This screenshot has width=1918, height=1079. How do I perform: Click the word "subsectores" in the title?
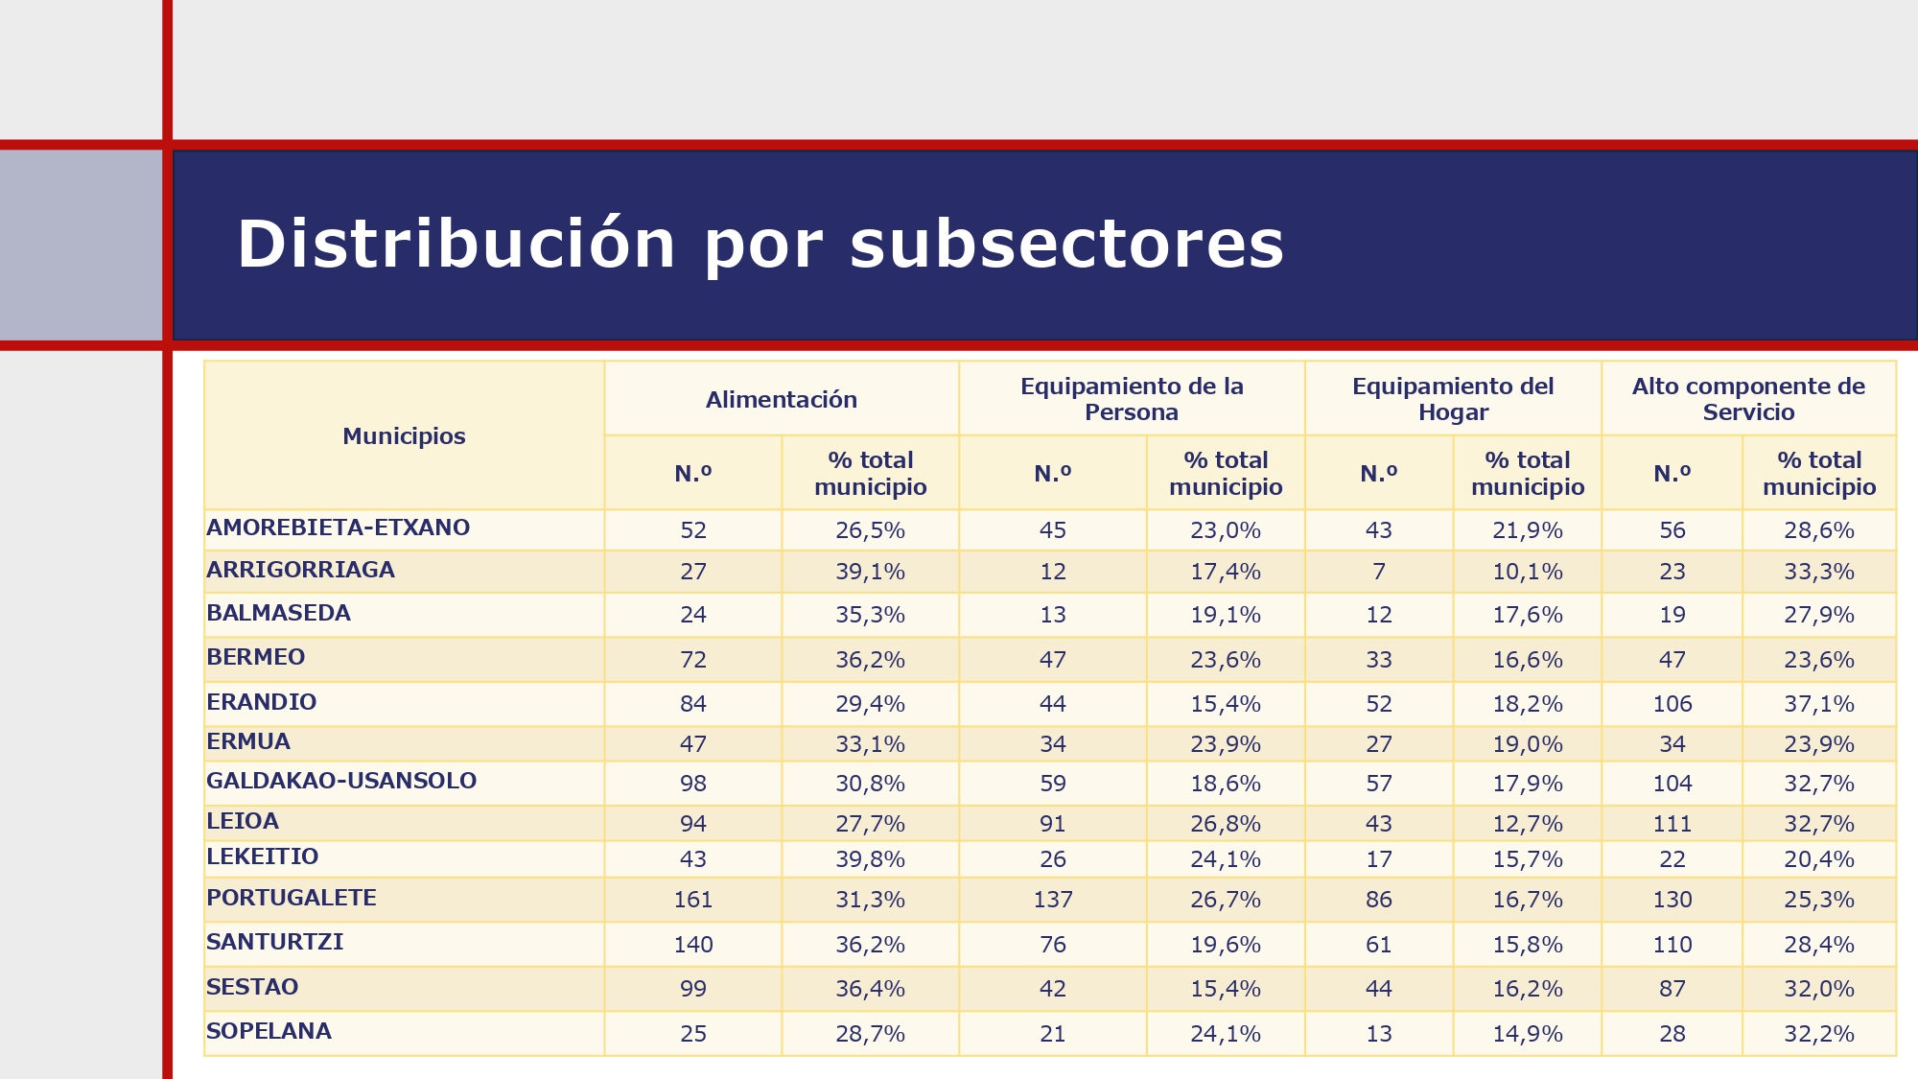[1065, 245]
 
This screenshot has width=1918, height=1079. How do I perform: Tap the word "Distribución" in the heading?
[456, 245]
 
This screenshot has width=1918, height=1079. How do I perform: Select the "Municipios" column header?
[404, 436]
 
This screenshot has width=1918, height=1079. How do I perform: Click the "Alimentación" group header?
[782, 400]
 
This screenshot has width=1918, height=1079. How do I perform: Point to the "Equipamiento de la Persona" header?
[1132, 399]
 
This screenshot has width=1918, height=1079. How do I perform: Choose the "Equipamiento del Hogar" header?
[1453, 399]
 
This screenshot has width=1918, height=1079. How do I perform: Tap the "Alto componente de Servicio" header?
[1748, 399]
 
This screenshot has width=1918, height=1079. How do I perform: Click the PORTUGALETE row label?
[292, 898]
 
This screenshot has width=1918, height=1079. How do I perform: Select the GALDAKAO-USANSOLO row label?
[341, 781]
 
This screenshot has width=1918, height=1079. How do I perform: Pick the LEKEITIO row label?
[262, 856]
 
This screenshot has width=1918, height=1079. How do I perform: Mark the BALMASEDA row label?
[278, 613]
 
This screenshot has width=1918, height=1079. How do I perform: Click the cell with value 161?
[693, 900]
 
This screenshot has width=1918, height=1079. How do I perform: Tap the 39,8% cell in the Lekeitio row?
[870, 859]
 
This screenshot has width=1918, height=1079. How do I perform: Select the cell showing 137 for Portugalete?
[1053, 900]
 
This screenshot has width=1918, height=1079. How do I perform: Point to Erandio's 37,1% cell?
[1818, 704]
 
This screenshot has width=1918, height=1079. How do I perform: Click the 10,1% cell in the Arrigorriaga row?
[1527, 572]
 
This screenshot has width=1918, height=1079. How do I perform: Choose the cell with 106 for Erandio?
[1672, 704]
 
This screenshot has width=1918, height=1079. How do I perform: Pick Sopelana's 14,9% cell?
[1527, 1034]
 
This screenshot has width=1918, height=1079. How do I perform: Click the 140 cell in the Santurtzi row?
[693, 945]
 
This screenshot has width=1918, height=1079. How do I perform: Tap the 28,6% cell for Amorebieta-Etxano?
[1818, 530]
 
